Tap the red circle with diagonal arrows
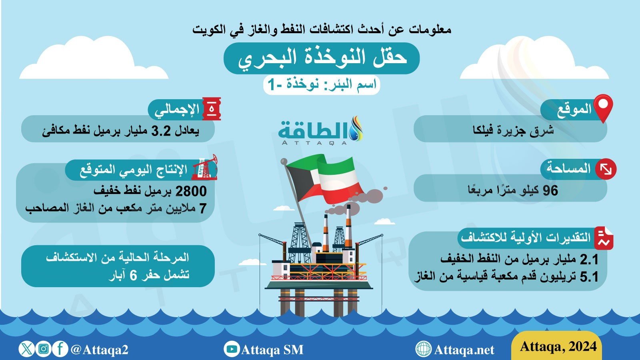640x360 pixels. coord(606,170)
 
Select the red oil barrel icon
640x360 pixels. coord(212,109)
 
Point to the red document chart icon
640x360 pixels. coord(604,238)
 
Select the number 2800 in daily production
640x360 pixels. coord(191,191)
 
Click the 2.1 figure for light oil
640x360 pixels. coord(589,260)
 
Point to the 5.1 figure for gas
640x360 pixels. coord(589,277)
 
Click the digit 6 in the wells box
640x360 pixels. coord(133,276)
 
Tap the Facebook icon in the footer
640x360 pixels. coord(60,349)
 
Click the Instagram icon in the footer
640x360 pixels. coord(44,349)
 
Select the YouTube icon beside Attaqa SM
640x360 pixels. coord(232,349)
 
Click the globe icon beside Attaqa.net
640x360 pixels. coord(424,349)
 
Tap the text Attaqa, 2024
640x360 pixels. coord(558,346)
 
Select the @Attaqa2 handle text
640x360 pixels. coord(99,350)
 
